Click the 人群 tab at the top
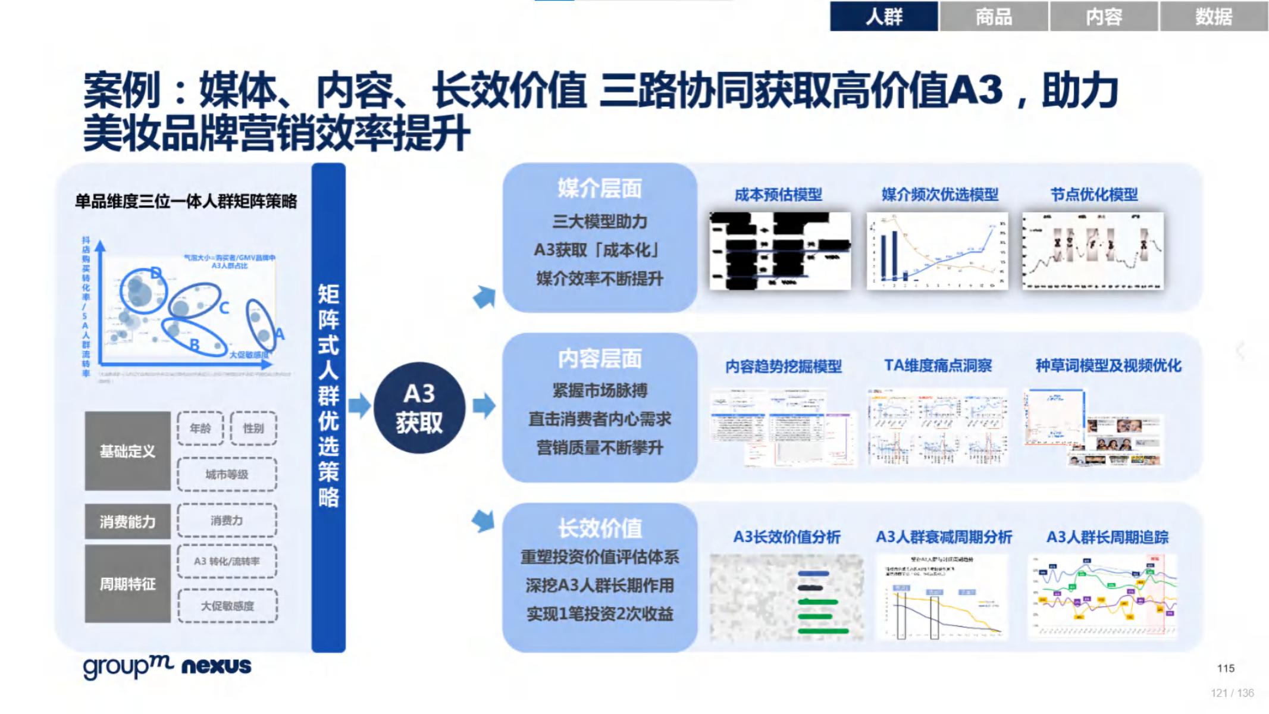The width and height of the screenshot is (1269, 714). click(883, 16)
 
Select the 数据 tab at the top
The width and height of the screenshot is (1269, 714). click(1214, 16)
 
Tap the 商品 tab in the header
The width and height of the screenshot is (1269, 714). click(994, 16)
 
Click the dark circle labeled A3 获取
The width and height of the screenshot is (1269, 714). click(419, 408)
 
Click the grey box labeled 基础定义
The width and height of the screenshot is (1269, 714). click(127, 451)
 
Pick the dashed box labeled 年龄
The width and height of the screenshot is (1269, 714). click(200, 428)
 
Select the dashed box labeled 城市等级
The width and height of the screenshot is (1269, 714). click(227, 474)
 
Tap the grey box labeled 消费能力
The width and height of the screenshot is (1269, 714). click(127, 521)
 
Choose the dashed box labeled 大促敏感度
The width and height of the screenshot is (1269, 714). click(227, 606)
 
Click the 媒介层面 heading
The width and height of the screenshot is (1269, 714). click(599, 189)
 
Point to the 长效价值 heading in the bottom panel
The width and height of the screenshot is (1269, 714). click(599, 528)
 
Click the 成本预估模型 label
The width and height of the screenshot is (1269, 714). click(778, 195)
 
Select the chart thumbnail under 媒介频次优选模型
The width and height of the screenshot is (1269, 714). click(937, 250)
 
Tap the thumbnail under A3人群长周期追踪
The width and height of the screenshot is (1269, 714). click(1102, 596)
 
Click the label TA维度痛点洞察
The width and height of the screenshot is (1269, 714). click(938, 365)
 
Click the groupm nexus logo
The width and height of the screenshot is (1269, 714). click(167, 666)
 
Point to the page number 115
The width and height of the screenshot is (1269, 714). click(1226, 668)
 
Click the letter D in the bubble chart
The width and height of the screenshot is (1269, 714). click(156, 273)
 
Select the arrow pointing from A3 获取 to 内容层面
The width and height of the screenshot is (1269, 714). click(484, 406)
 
